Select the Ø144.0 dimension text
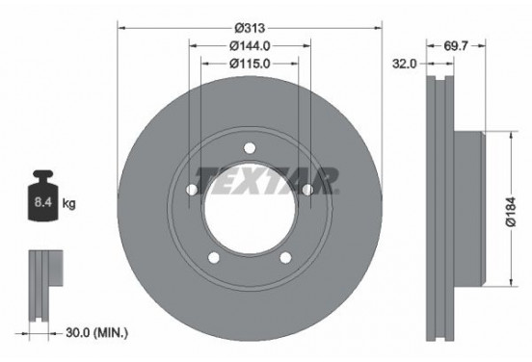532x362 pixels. coord(249,44)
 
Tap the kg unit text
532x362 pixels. coord(68,205)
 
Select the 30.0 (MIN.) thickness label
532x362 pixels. coord(96,332)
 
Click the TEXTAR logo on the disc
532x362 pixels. coord(268,179)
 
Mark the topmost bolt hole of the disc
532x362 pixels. coord(249,147)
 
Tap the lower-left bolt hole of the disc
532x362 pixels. coord(214,255)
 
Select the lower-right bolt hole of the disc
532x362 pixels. coord(285,255)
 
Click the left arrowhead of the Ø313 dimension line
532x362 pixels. coord(121,26)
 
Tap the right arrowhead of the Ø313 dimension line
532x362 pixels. coord(377,26)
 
